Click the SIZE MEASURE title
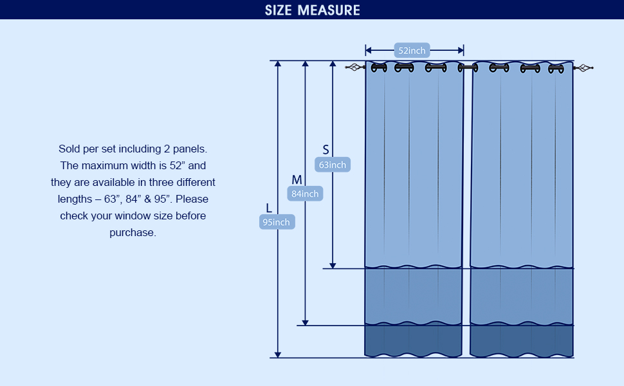pos(312,10)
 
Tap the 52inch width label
pos(412,50)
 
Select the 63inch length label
pos(333,165)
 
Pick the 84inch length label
pos(305,193)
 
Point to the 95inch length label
pos(277,222)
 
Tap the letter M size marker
pos(297,179)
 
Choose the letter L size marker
pos(269,208)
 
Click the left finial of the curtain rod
pos(353,67)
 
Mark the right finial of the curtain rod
pos(585,68)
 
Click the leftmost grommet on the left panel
pos(379,68)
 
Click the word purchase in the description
pos(133,232)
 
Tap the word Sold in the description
pos(69,149)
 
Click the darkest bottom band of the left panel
pos(414,340)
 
